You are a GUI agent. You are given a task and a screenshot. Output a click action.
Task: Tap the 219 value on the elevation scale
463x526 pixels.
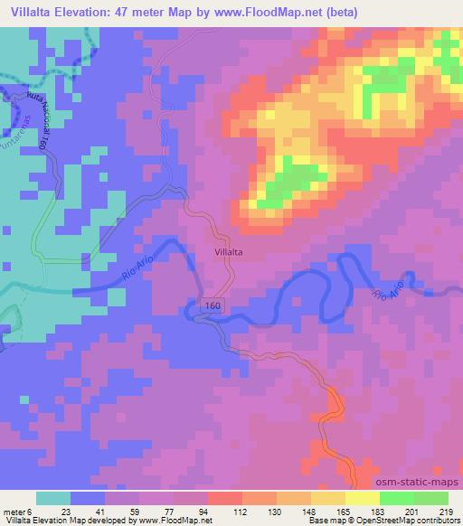445,512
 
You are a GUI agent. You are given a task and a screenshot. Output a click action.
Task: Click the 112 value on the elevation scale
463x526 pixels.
213,512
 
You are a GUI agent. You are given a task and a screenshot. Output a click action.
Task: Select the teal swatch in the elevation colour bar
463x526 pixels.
52,498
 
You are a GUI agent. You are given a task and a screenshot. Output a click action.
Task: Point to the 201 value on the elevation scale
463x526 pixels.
411,512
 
